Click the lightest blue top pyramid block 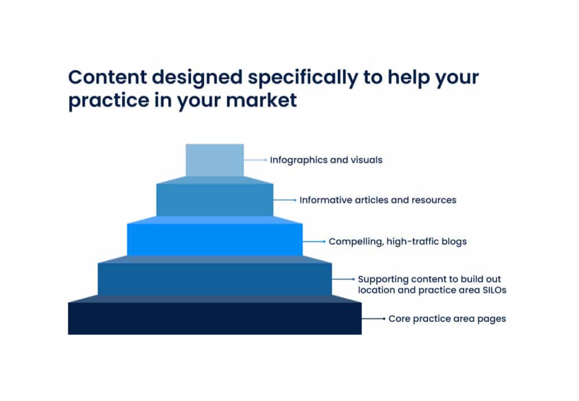[x=214, y=160]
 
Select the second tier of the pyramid [x=215, y=200]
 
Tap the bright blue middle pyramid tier [x=215, y=240]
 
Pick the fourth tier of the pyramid [x=215, y=279]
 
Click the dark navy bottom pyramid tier [x=215, y=318]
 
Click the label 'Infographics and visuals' [x=326, y=160]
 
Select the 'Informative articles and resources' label [x=378, y=200]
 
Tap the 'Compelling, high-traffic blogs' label [x=397, y=242]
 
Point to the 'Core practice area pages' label [x=447, y=319]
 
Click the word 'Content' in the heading [x=108, y=77]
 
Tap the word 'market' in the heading [x=261, y=100]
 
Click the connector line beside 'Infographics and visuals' [x=255, y=160]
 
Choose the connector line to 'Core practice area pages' [x=374, y=318]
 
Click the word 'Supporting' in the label [x=383, y=280]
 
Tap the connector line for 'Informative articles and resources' [x=285, y=200]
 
